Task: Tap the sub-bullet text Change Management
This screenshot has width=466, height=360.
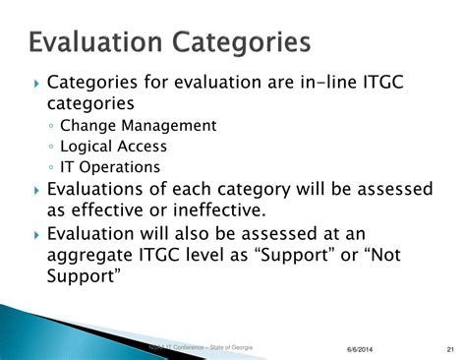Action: (137, 126)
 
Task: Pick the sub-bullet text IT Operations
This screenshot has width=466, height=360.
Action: (109, 167)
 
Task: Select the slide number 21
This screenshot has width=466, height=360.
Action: (449, 350)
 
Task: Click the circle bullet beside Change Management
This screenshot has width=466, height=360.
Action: (50, 127)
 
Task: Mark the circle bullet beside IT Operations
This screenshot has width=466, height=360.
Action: (50, 168)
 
